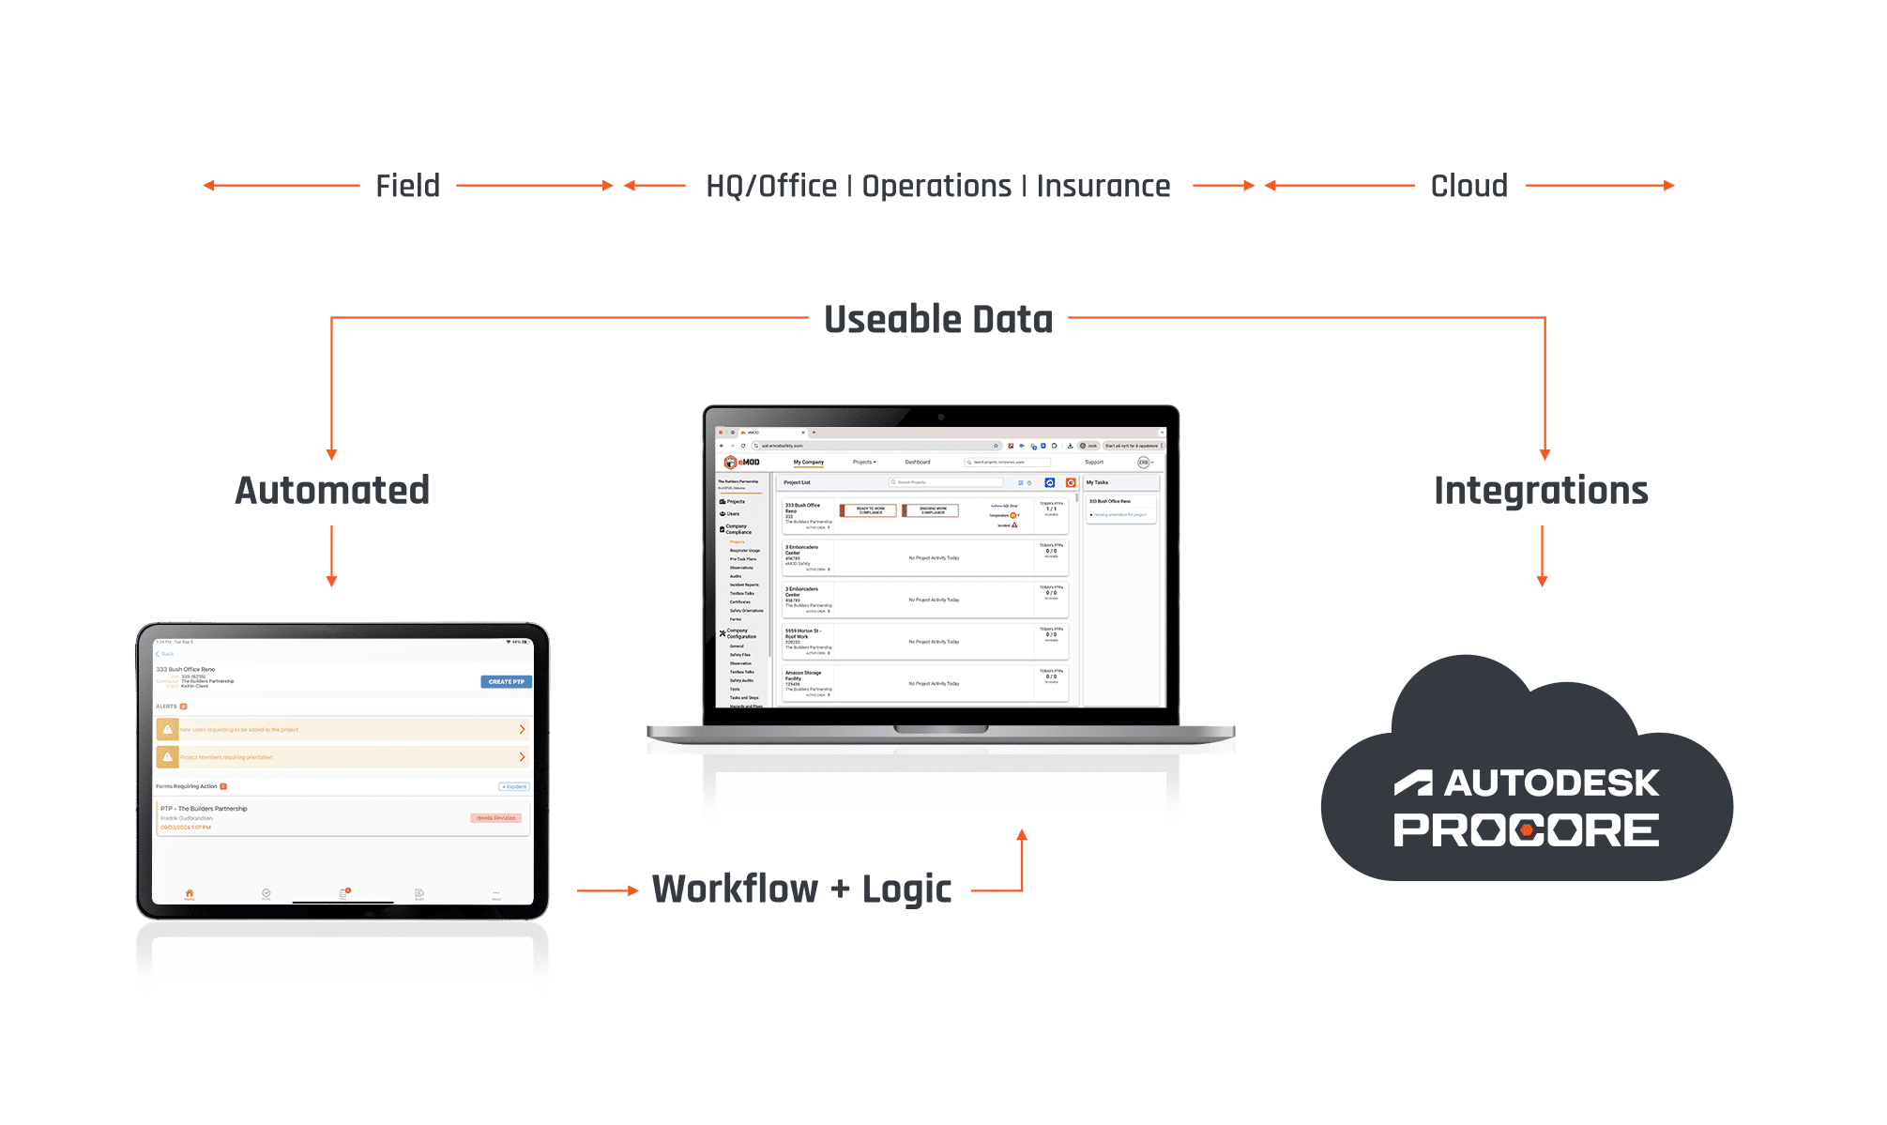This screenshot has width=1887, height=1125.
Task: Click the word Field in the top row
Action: tap(407, 186)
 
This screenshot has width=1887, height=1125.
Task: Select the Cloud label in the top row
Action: tap(1469, 186)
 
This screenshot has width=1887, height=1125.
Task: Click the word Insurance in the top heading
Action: tap(1103, 186)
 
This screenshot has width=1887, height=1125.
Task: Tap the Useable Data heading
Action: tap(938, 320)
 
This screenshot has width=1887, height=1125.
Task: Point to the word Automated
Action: tap(332, 490)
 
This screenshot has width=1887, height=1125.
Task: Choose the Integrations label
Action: tap(1541, 490)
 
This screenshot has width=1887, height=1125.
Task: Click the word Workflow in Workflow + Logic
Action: tap(735, 889)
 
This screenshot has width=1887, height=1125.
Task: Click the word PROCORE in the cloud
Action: tap(1526, 830)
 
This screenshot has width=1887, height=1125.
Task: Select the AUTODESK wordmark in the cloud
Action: tap(1551, 783)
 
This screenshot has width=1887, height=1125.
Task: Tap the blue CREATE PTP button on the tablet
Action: tap(507, 682)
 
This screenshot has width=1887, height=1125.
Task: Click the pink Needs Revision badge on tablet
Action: tap(495, 818)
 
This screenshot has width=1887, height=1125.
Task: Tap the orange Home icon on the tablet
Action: tap(190, 893)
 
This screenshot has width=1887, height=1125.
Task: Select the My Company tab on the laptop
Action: tap(808, 462)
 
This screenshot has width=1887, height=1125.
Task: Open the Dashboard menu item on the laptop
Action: tap(918, 462)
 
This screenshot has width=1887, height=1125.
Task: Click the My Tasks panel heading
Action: tap(1097, 482)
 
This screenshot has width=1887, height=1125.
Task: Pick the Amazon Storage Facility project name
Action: tap(802, 676)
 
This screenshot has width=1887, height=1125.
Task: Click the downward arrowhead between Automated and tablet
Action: tap(331, 581)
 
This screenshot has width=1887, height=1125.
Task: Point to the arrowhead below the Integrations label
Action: tap(1542, 581)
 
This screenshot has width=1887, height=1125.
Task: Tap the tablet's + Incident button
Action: tap(514, 786)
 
